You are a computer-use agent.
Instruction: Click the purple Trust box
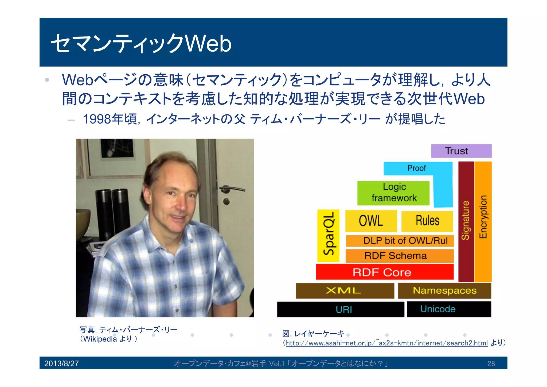tap(461, 151)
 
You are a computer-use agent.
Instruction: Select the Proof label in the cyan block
tap(416, 168)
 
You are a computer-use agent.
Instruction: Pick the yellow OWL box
tap(371, 221)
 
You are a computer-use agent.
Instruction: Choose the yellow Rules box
tap(427, 221)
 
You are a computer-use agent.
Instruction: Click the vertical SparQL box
tap(328, 236)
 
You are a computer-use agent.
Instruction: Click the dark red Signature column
tap(466, 221)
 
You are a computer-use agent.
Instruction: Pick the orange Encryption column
tap(483, 221)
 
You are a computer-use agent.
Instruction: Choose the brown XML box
tap(345, 290)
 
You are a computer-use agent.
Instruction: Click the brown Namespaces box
tap(444, 290)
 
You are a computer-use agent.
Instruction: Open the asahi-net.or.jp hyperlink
tap(386, 343)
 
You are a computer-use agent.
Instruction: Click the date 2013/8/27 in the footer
tap(61, 363)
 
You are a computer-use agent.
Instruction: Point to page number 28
tap(491, 363)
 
